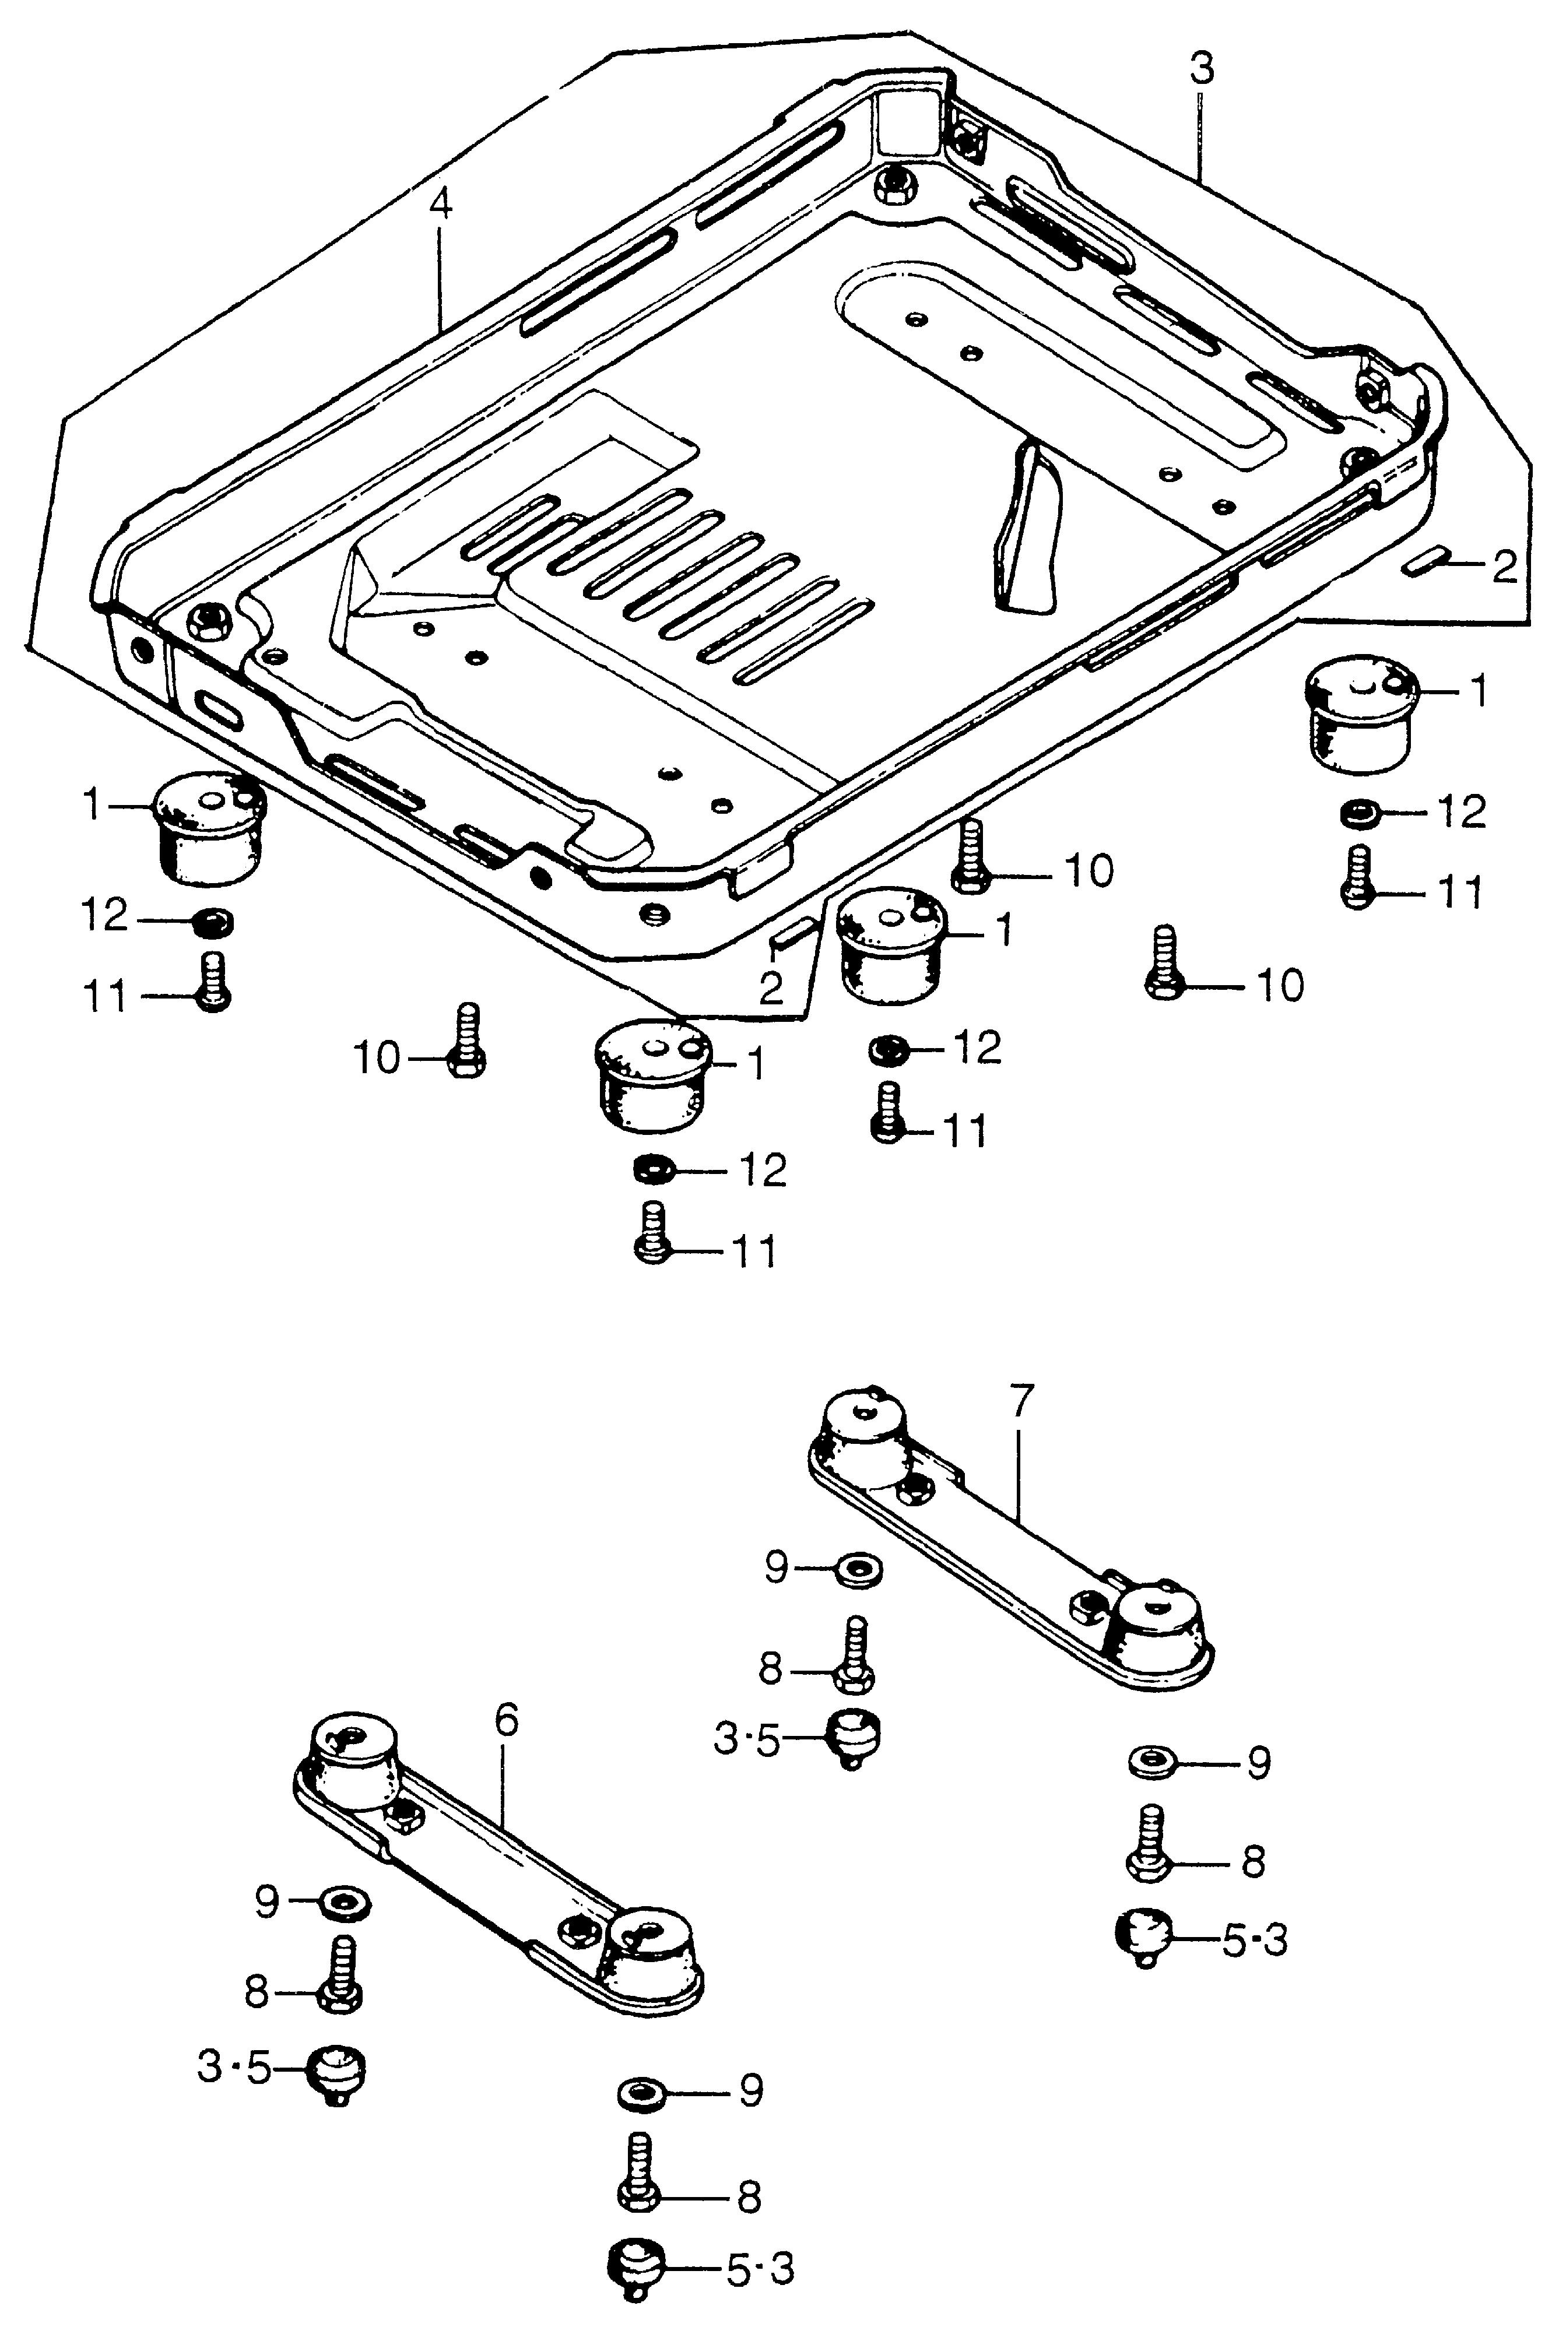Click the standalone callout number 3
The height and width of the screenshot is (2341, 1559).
[x=1201, y=69]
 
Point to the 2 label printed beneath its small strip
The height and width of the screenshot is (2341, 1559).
[x=771, y=988]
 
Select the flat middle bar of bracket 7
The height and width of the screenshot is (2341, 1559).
[x=1004, y=1540]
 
